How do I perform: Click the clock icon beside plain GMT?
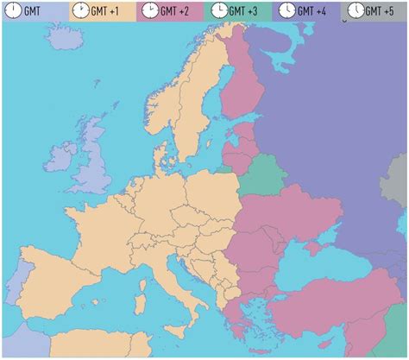pyautogui.click(x=13, y=11)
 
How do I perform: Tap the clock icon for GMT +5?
pyautogui.click(x=356, y=11)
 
